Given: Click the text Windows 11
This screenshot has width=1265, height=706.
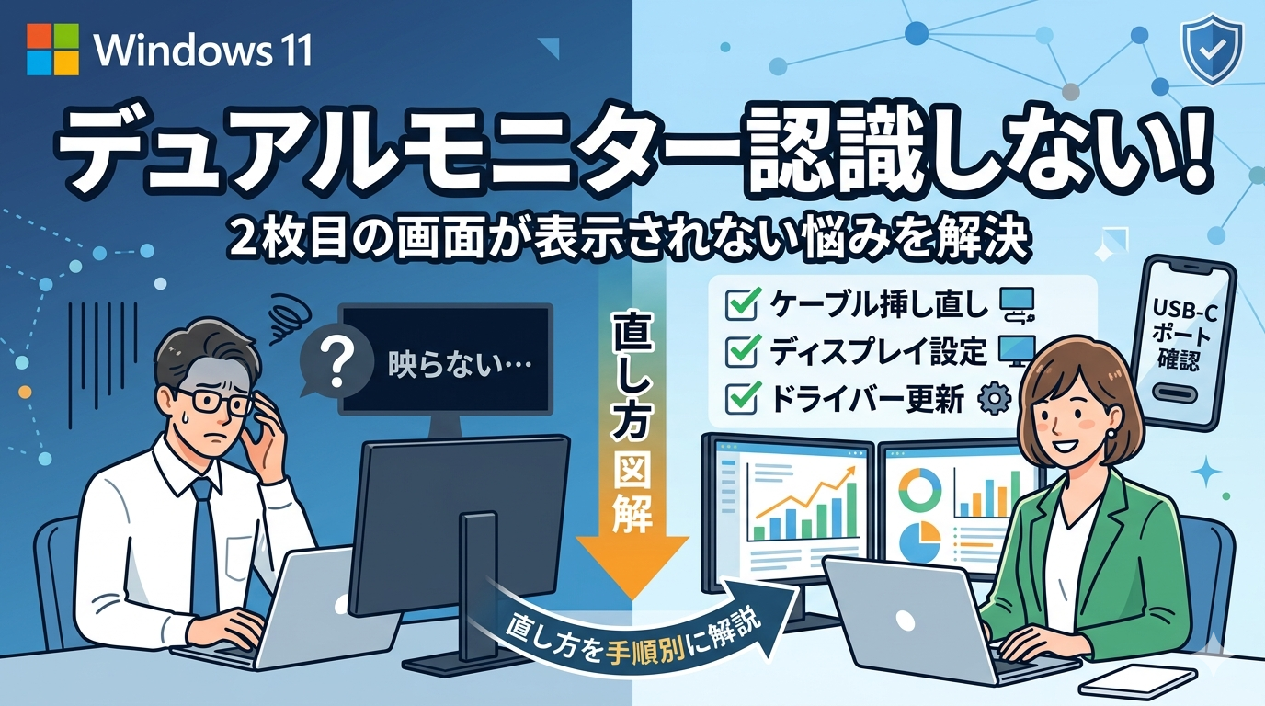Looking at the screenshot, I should (x=203, y=51).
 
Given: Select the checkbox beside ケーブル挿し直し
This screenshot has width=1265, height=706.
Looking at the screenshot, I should (x=740, y=303).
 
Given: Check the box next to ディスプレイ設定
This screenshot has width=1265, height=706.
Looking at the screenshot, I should (x=740, y=351).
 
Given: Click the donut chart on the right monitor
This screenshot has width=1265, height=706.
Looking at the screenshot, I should (x=920, y=490).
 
